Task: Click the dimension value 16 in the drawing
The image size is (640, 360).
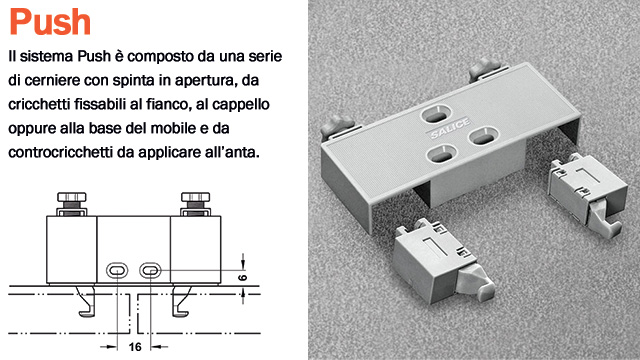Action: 133,348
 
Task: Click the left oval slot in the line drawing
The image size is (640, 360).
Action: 116,270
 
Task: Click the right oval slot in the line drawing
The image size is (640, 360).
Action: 150,270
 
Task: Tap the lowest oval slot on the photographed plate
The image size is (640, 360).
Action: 440,155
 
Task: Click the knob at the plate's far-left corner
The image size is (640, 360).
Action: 333,128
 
